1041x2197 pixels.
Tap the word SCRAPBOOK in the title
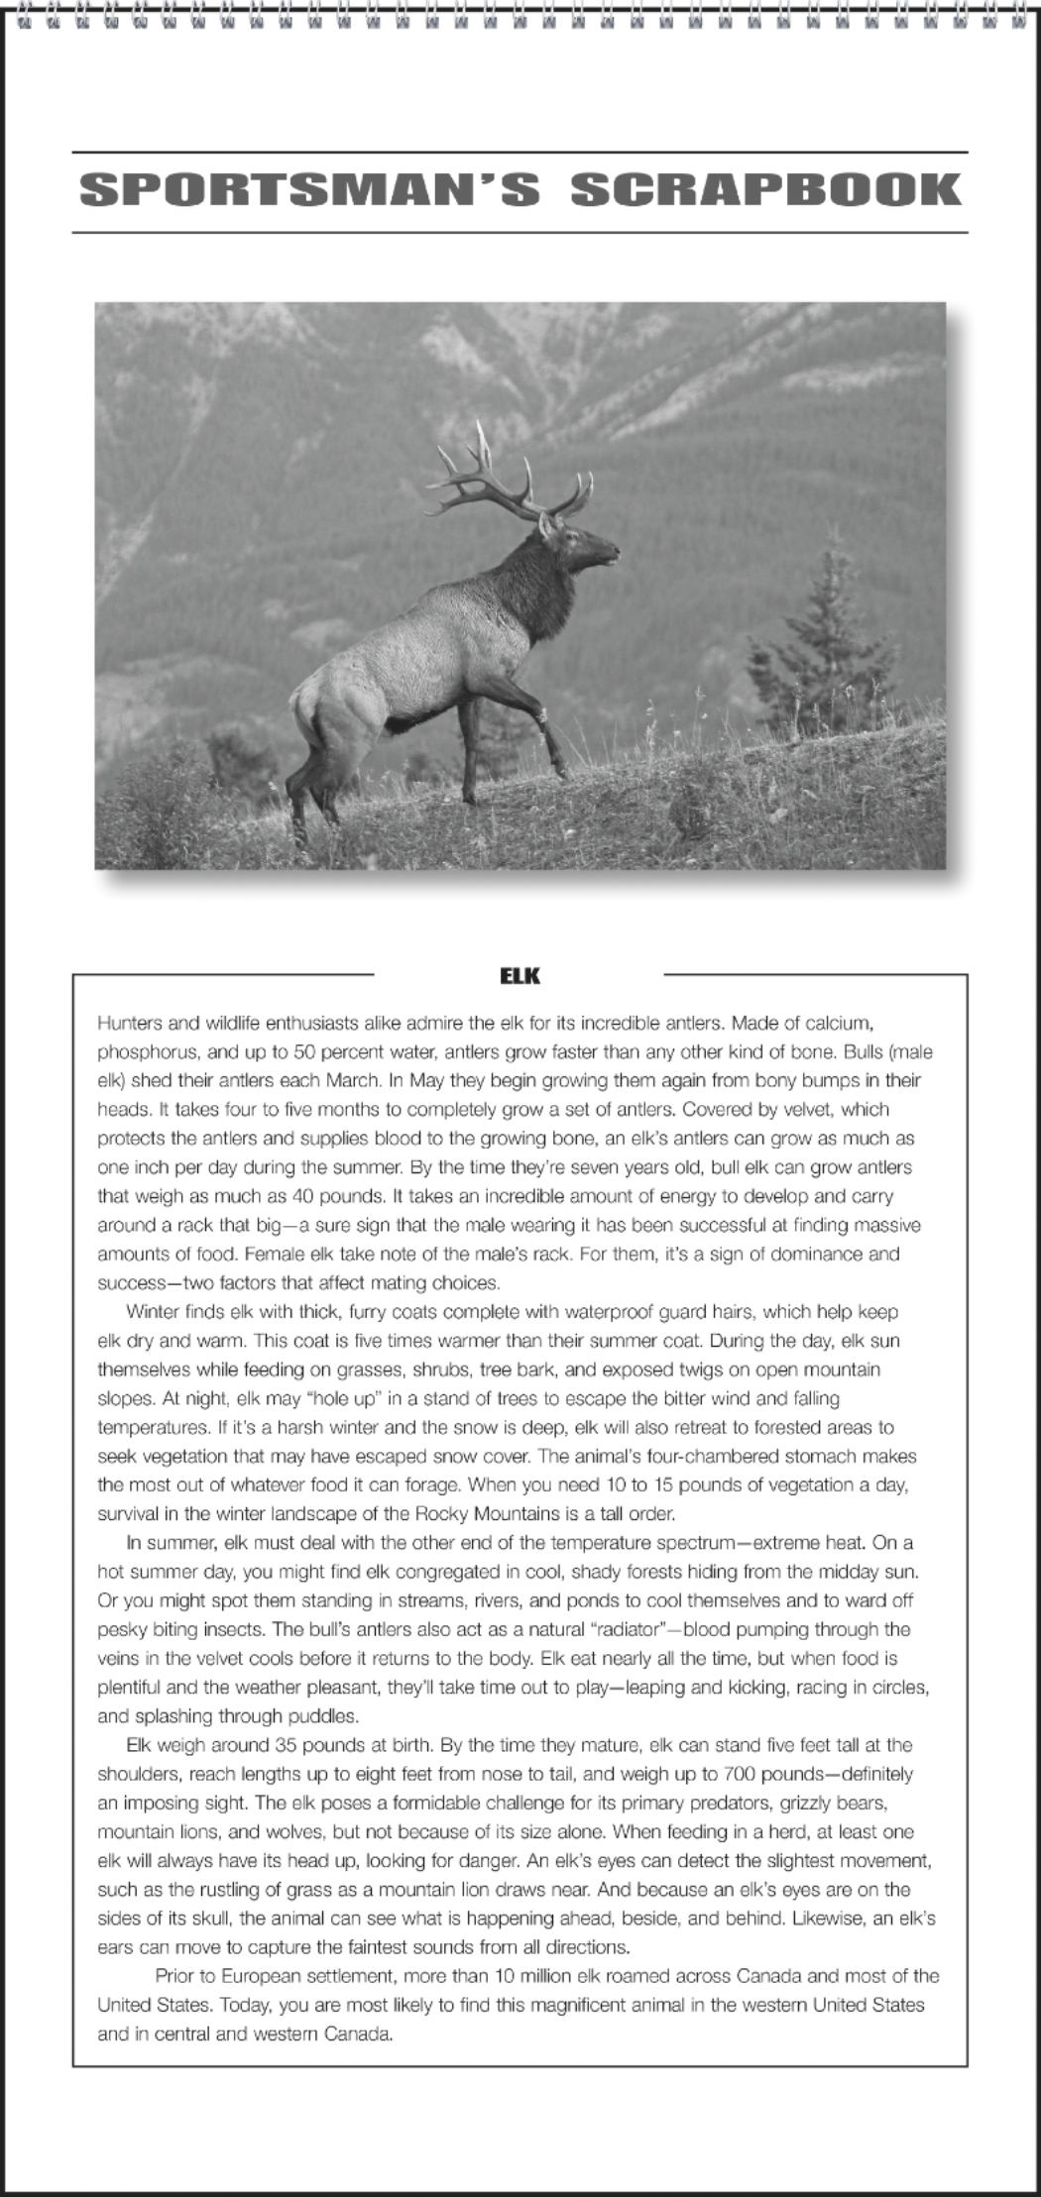767,190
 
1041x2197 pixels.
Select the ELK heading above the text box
520,975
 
